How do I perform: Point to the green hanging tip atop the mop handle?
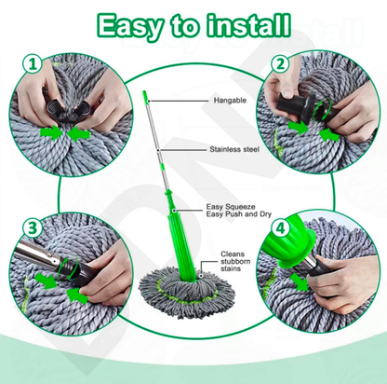[x=146, y=97]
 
